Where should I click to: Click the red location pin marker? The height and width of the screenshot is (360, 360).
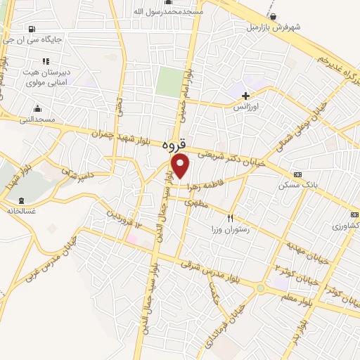click(x=181, y=166)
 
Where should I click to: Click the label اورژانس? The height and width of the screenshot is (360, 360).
click(x=247, y=107)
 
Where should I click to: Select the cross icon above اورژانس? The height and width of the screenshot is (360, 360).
click(x=245, y=95)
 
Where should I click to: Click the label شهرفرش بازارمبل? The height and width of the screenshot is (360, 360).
click(x=273, y=27)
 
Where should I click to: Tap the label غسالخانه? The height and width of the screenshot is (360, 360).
click(x=21, y=210)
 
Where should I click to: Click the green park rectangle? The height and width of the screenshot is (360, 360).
click(x=169, y=82)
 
